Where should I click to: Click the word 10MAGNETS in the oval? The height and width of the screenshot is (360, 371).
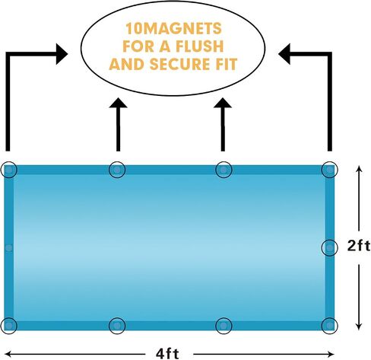click(x=173, y=28)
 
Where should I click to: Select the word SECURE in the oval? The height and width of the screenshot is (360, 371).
click(x=179, y=64)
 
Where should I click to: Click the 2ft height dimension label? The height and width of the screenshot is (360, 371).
click(x=359, y=246)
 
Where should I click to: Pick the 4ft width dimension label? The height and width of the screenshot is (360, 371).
click(x=167, y=354)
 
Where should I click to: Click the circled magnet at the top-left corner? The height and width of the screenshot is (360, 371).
click(x=9, y=170)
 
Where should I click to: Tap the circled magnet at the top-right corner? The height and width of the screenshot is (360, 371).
click(x=329, y=170)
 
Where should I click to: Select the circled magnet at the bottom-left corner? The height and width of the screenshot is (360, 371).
click(x=9, y=326)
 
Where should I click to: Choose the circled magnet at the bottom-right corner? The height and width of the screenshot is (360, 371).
click(x=329, y=326)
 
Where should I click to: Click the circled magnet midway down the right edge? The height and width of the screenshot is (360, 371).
click(x=329, y=247)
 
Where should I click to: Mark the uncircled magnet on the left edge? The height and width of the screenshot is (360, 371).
click(x=9, y=248)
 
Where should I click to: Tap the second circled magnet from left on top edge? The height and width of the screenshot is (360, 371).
click(x=117, y=170)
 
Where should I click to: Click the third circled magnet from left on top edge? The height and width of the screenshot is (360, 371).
click(x=224, y=170)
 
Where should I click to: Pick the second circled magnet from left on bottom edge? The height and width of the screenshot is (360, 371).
click(x=117, y=326)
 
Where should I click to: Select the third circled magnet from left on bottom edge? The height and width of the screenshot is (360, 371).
click(x=224, y=326)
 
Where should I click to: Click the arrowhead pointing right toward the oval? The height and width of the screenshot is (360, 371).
click(x=62, y=54)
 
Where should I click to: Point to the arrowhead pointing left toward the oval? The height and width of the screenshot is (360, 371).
click(x=284, y=54)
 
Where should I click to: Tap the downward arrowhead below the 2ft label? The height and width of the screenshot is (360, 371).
click(x=359, y=327)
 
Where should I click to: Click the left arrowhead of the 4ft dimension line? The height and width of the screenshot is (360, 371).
click(x=8, y=354)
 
